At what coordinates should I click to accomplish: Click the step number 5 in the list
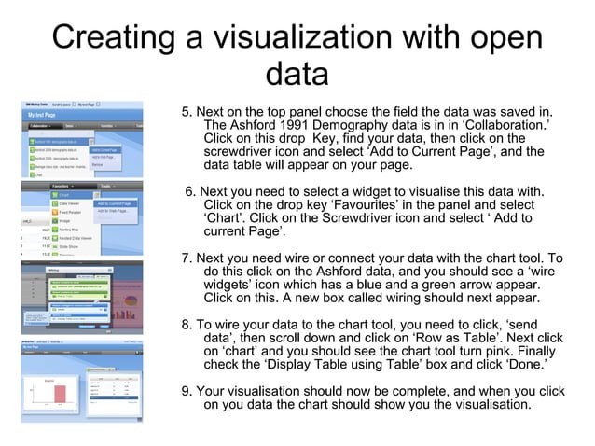coord(186,113)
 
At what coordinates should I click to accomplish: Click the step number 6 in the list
coord(190,192)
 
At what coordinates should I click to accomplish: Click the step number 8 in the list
coord(186,325)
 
